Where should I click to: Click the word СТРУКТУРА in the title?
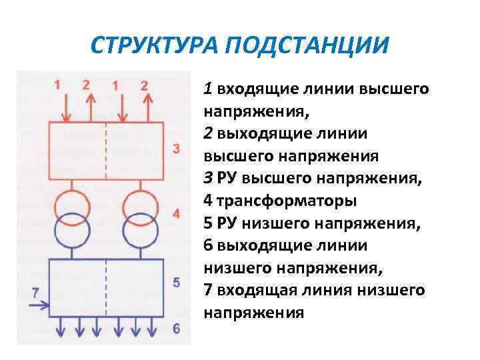click(155, 47)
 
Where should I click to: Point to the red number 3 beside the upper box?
click(176, 148)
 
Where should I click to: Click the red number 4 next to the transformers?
click(176, 214)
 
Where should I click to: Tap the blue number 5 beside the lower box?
click(176, 282)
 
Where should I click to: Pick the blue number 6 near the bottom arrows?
click(176, 328)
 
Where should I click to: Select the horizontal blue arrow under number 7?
click(37, 306)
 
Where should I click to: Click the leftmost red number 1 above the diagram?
click(57, 85)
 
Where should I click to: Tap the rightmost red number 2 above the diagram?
click(145, 85)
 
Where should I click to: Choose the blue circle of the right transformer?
click(140, 230)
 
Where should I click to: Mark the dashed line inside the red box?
click(106, 151)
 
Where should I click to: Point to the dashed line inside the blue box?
click(106, 287)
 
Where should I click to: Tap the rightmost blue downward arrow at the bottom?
click(155, 328)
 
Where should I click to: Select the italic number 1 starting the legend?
click(209, 89)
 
